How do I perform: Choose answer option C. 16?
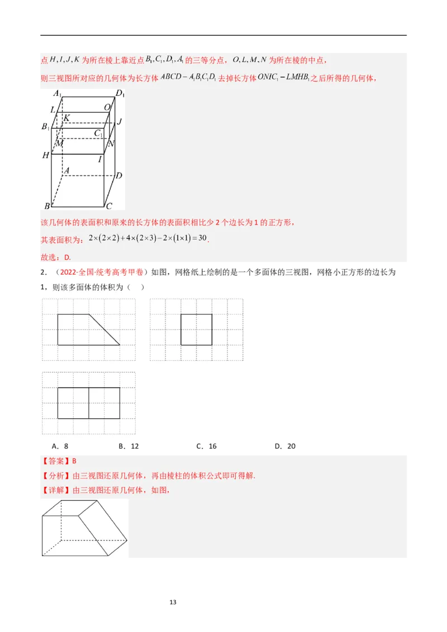point(206,446)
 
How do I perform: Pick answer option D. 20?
point(285,446)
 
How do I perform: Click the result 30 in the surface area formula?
point(202,238)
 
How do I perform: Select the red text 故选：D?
point(56,257)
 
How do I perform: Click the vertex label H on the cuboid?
point(45,155)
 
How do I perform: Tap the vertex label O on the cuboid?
point(107,107)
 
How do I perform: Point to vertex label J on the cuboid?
point(120,121)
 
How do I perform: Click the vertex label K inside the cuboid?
point(66,118)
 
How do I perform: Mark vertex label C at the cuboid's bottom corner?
point(110,205)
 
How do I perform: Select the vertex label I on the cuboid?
point(100,159)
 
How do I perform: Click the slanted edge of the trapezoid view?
point(104,330)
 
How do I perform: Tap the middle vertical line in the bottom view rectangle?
point(89,403)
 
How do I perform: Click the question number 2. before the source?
point(44,272)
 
